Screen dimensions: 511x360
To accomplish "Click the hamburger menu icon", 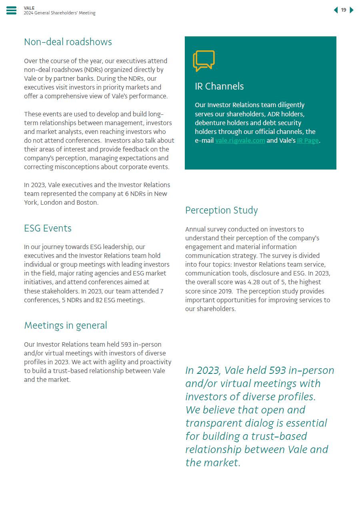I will [11, 10].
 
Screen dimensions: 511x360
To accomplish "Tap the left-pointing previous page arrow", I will [336, 10].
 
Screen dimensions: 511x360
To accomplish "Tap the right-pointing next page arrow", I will [352, 10].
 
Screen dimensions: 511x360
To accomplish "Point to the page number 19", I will [344, 10].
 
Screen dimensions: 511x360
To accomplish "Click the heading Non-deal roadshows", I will [68, 42].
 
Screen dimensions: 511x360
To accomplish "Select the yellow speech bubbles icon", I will [204, 61].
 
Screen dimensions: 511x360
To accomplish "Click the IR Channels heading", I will [219, 86].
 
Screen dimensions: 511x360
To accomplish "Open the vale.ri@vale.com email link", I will [240, 140].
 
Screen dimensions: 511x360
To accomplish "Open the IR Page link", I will [308, 140].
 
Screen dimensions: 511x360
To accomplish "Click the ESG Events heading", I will [48, 228].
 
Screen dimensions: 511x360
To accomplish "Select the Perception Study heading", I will [221, 210].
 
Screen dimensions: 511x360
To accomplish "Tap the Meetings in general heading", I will [66, 325].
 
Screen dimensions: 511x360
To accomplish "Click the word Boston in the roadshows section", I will [86, 203].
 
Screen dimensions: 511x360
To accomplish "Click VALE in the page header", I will [29, 8].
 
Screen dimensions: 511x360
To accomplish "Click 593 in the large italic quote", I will [277, 371].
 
